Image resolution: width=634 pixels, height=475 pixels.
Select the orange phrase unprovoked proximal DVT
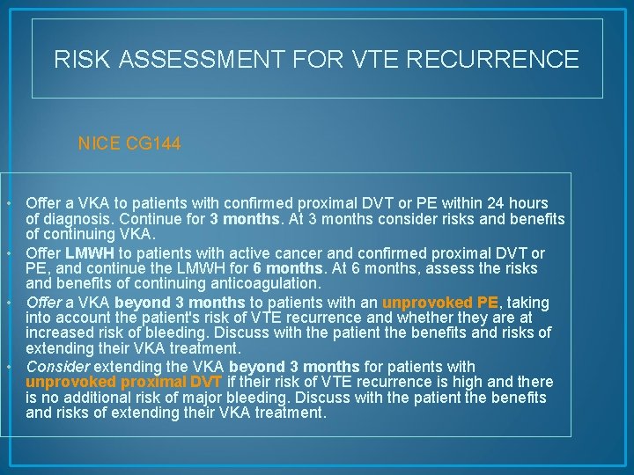(x=124, y=381)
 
